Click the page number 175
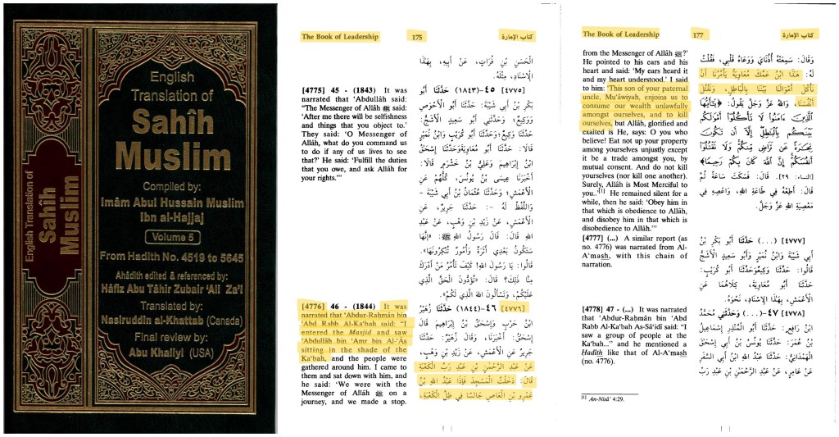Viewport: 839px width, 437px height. click(417, 37)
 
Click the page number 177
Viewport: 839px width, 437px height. click(699, 35)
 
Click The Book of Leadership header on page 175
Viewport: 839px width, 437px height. click(339, 37)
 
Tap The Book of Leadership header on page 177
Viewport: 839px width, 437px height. click(620, 34)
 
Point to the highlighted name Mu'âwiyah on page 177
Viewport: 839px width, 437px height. click(624, 97)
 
